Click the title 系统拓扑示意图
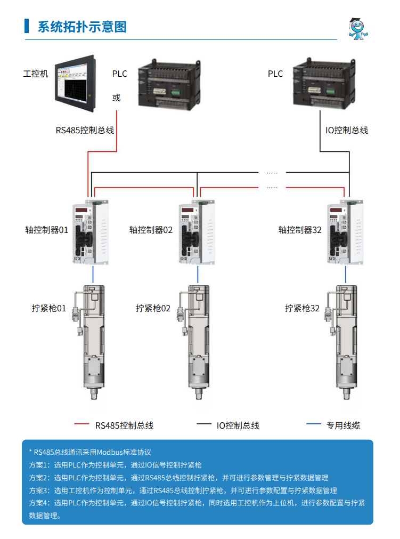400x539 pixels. [81, 27]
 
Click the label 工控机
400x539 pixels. [36, 74]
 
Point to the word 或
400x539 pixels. [117, 98]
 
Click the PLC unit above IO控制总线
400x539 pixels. [322, 83]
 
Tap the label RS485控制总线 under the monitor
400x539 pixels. [85, 130]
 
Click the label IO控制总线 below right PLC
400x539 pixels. [347, 130]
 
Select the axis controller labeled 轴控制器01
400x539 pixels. [93, 232]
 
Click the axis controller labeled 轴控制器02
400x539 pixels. [198, 232]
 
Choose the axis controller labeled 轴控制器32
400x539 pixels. [345, 232]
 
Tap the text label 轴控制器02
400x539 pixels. [151, 230]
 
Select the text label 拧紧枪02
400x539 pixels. [153, 308]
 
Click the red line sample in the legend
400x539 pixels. [82, 424]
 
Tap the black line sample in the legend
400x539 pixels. [204, 424]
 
